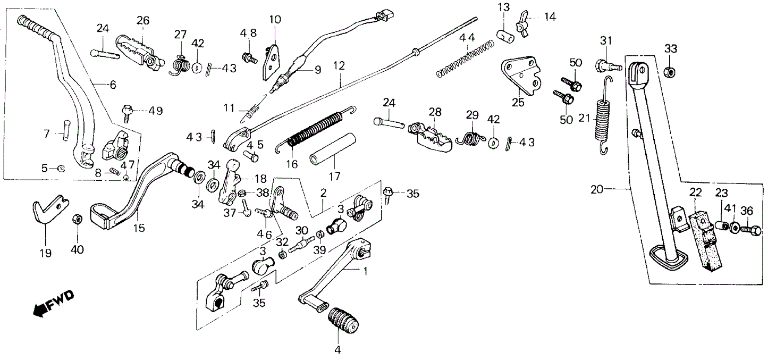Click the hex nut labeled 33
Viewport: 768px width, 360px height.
[x=671, y=71]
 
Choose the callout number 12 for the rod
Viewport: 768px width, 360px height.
[x=339, y=66]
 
